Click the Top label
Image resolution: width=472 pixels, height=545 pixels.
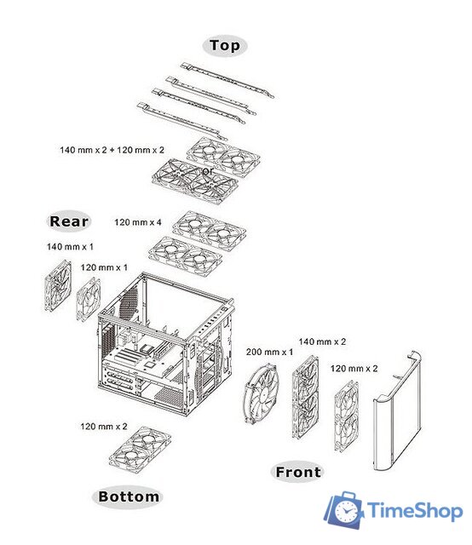(225, 45)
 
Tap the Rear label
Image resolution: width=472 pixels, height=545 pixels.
(69, 221)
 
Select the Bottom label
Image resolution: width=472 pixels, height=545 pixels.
(128, 496)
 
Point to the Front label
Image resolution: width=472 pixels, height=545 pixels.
(297, 472)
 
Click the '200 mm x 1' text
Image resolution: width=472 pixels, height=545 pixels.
(269, 352)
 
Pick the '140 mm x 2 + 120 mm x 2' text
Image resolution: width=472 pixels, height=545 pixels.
(112, 150)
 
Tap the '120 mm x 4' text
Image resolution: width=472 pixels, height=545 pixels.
(138, 222)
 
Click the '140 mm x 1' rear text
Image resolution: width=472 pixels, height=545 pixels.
(70, 247)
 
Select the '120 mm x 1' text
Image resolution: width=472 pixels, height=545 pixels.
(104, 267)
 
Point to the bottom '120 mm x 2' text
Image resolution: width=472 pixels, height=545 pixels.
(104, 427)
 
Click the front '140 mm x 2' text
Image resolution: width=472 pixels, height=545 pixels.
(322, 341)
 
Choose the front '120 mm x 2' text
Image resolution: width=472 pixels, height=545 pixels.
(354, 369)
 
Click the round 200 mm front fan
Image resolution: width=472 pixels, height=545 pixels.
(261, 393)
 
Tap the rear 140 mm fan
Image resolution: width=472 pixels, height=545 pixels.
(58, 286)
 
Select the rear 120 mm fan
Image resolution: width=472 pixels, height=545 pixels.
(89, 299)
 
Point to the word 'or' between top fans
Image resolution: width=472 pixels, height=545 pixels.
(207, 171)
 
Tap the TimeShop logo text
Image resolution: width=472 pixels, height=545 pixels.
(415, 511)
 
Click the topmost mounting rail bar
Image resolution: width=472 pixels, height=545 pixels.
(227, 79)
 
